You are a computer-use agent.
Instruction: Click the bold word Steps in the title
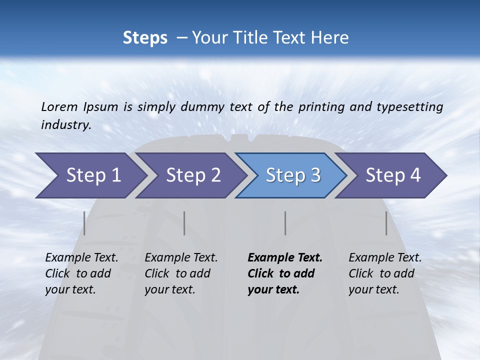coord(145,38)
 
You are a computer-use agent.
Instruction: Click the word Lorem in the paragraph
coord(59,106)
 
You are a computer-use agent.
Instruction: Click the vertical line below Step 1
coord(84,223)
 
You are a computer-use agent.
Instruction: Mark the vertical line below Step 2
coord(184,223)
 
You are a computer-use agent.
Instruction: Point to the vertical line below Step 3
coord(285,223)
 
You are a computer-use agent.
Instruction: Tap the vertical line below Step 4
coord(386,223)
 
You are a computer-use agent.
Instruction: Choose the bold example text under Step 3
coord(284,273)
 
